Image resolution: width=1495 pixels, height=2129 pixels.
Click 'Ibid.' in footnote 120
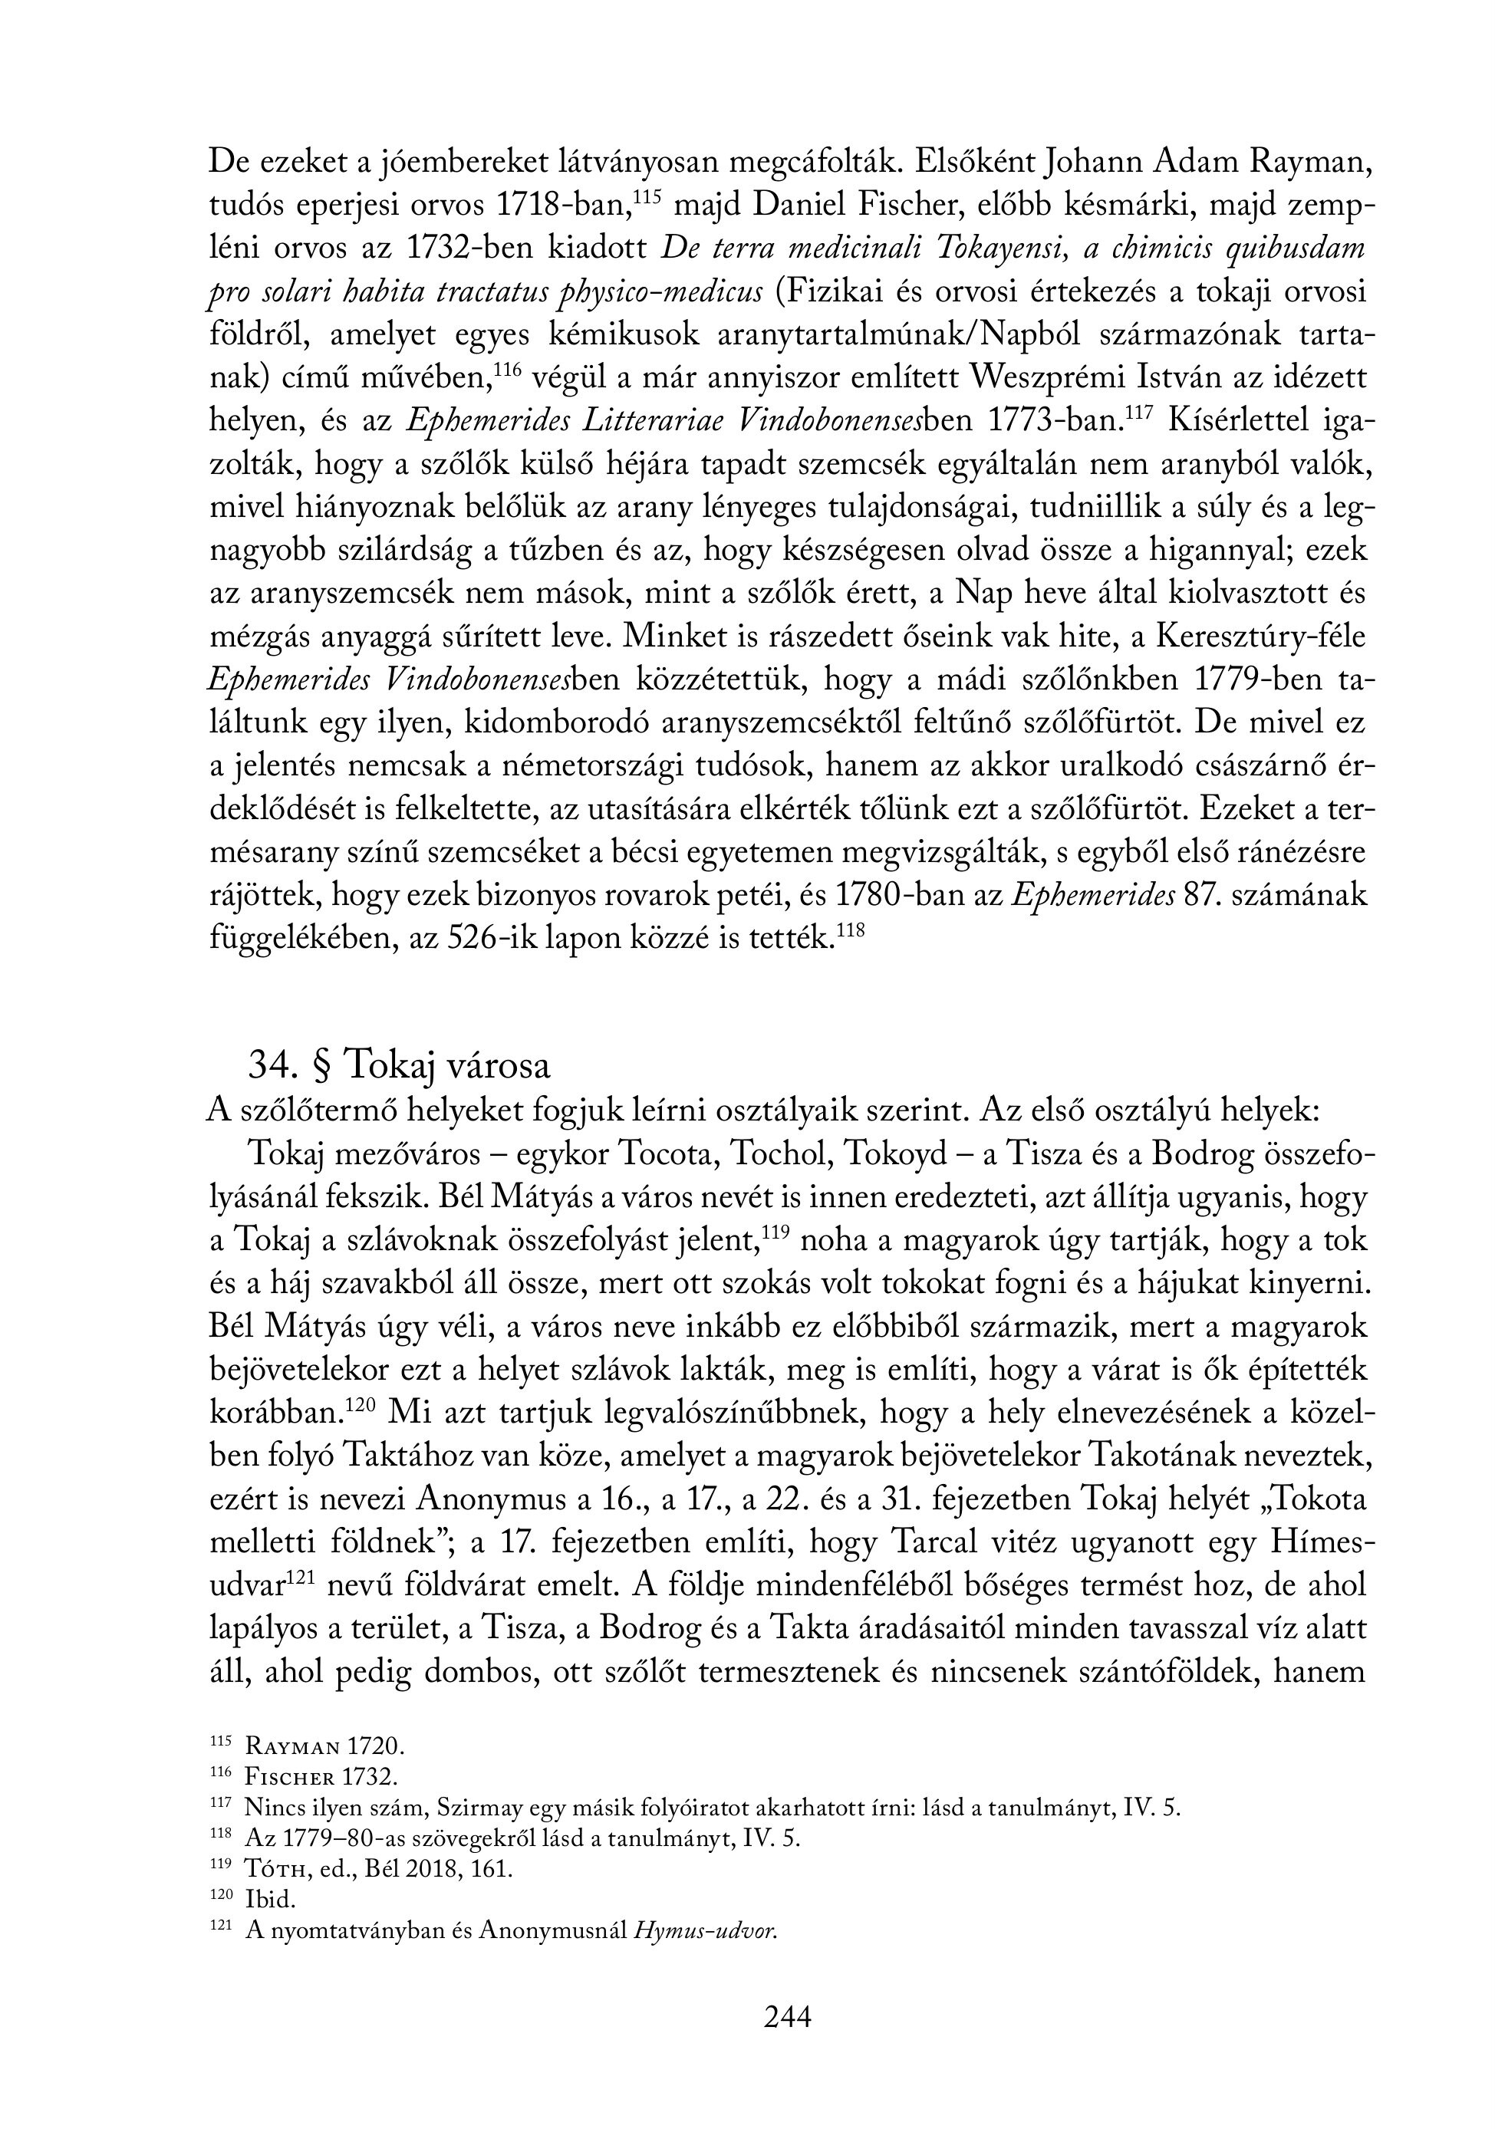point(270,1900)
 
